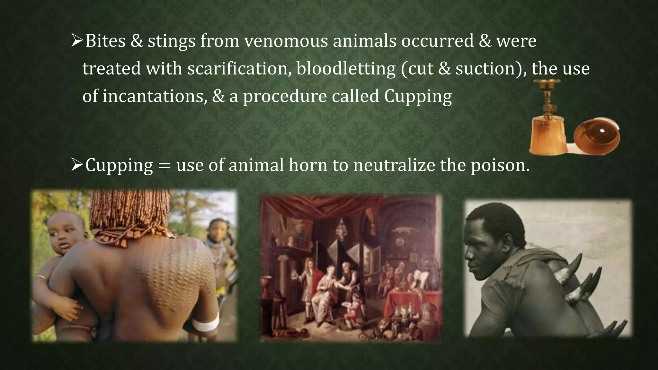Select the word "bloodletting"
coord(346,69)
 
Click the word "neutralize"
coord(394,165)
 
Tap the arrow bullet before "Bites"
coord(77,41)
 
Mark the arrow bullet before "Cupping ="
coord(77,165)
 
